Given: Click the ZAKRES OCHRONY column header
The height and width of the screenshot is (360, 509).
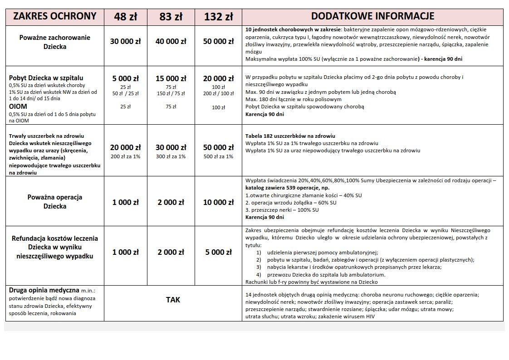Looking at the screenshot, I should pyautogui.click(x=55, y=16).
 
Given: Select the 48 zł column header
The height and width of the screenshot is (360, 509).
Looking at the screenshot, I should pyautogui.click(x=126, y=17).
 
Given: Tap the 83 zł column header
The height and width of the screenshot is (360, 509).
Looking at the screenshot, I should pyautogui.click(x=171, y=17).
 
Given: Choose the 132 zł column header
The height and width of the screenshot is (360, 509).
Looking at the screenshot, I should pyautogui.click(x=218, y=17).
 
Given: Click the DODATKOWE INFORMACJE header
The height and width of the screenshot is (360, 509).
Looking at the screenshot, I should pyautogui.click(x=372, y=16).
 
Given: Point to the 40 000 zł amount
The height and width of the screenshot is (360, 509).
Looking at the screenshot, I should pyautogui.click(x=171, y=41).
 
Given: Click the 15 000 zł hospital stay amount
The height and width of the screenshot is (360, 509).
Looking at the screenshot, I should pyautogui.click(x=171, y=78).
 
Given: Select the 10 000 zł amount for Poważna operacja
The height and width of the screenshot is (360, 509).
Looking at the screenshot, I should pyautogui.click(x=218, y=202).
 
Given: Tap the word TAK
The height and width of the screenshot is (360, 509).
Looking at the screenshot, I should pyautogui.click(x=173, y=300).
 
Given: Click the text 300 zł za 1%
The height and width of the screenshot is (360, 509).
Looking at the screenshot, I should pyautogui.click(x=171, y=156).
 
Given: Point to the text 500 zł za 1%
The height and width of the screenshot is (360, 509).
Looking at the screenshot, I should pyautogui.click(x=218, y=156).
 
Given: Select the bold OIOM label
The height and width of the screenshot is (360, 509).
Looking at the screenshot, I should pyautogui.click(x=18, y=106).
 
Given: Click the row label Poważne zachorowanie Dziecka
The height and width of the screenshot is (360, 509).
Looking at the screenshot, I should pyautogui.click(x=55, y=42).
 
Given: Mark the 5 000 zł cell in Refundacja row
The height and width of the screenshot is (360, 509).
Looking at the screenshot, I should pyautogui.click(x=218, y=252).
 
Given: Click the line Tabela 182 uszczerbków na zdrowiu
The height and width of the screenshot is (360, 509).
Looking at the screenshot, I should pyautogui.click(x=290, y=136).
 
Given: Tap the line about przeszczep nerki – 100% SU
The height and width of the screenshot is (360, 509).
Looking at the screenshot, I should pyautogui.click(x=282, y=210).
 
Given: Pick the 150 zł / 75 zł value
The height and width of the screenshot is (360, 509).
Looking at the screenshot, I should pyautogui.click(x=171, y=93).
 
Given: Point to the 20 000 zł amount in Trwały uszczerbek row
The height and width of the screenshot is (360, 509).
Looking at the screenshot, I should pyautogui.click(x=126, y=147).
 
